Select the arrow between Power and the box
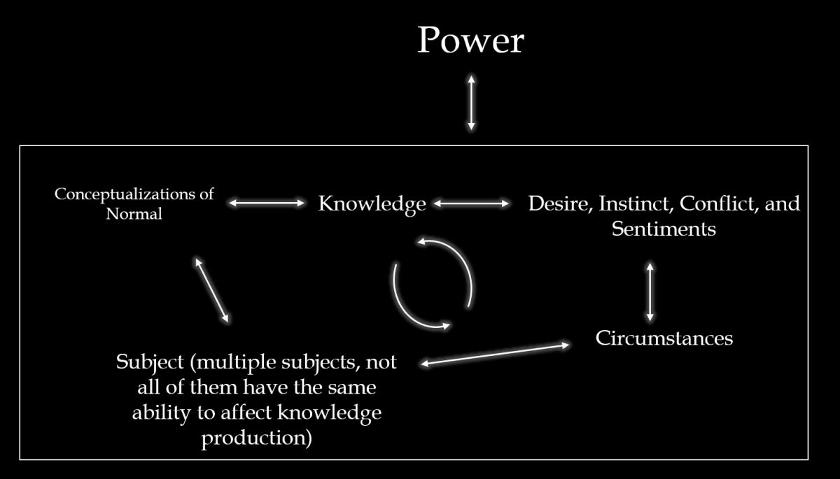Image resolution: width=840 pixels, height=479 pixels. click(x=471, y=102)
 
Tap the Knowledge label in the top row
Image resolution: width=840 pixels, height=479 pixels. click(x=372, y=203)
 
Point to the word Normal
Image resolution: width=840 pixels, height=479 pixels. click(x=134, y=214)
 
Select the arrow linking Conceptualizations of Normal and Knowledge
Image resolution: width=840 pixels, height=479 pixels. click(x=267, y=203)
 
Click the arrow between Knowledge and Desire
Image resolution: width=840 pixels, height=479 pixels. click(x=471, y=203)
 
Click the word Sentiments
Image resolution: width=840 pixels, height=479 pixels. click(x=664, y=229)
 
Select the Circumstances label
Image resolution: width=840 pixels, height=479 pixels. click(x=664, y=338)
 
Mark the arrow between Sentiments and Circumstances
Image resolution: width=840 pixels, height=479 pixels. click(x=650, y=290)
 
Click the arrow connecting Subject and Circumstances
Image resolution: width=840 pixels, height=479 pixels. click(x=494, y=354)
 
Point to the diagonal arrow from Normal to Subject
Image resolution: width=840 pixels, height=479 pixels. click(x=211, y=289)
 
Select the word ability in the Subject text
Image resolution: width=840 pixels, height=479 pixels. click(x=157, y=413)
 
